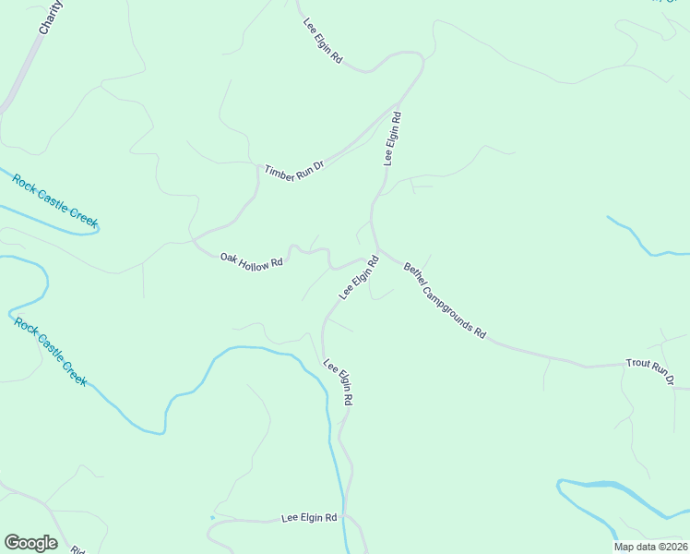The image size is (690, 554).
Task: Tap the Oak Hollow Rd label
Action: [251, 261]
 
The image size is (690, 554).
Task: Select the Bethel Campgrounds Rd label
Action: [445, 300]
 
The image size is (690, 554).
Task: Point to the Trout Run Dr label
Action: [650, 372]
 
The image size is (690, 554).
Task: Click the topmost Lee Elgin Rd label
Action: [323, 41]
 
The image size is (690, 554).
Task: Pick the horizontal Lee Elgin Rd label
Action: [309, 519]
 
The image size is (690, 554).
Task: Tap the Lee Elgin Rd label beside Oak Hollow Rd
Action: [360, 278]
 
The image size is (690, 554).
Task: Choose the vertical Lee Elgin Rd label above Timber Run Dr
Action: [393, 138]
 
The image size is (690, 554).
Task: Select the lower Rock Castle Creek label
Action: [51, 351]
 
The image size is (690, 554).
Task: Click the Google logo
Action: [30, 543]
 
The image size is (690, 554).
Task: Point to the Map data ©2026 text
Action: [649, 547]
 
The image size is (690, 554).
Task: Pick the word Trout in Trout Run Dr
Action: [637, 366]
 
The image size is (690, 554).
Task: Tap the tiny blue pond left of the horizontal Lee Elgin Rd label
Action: [212, 518]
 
